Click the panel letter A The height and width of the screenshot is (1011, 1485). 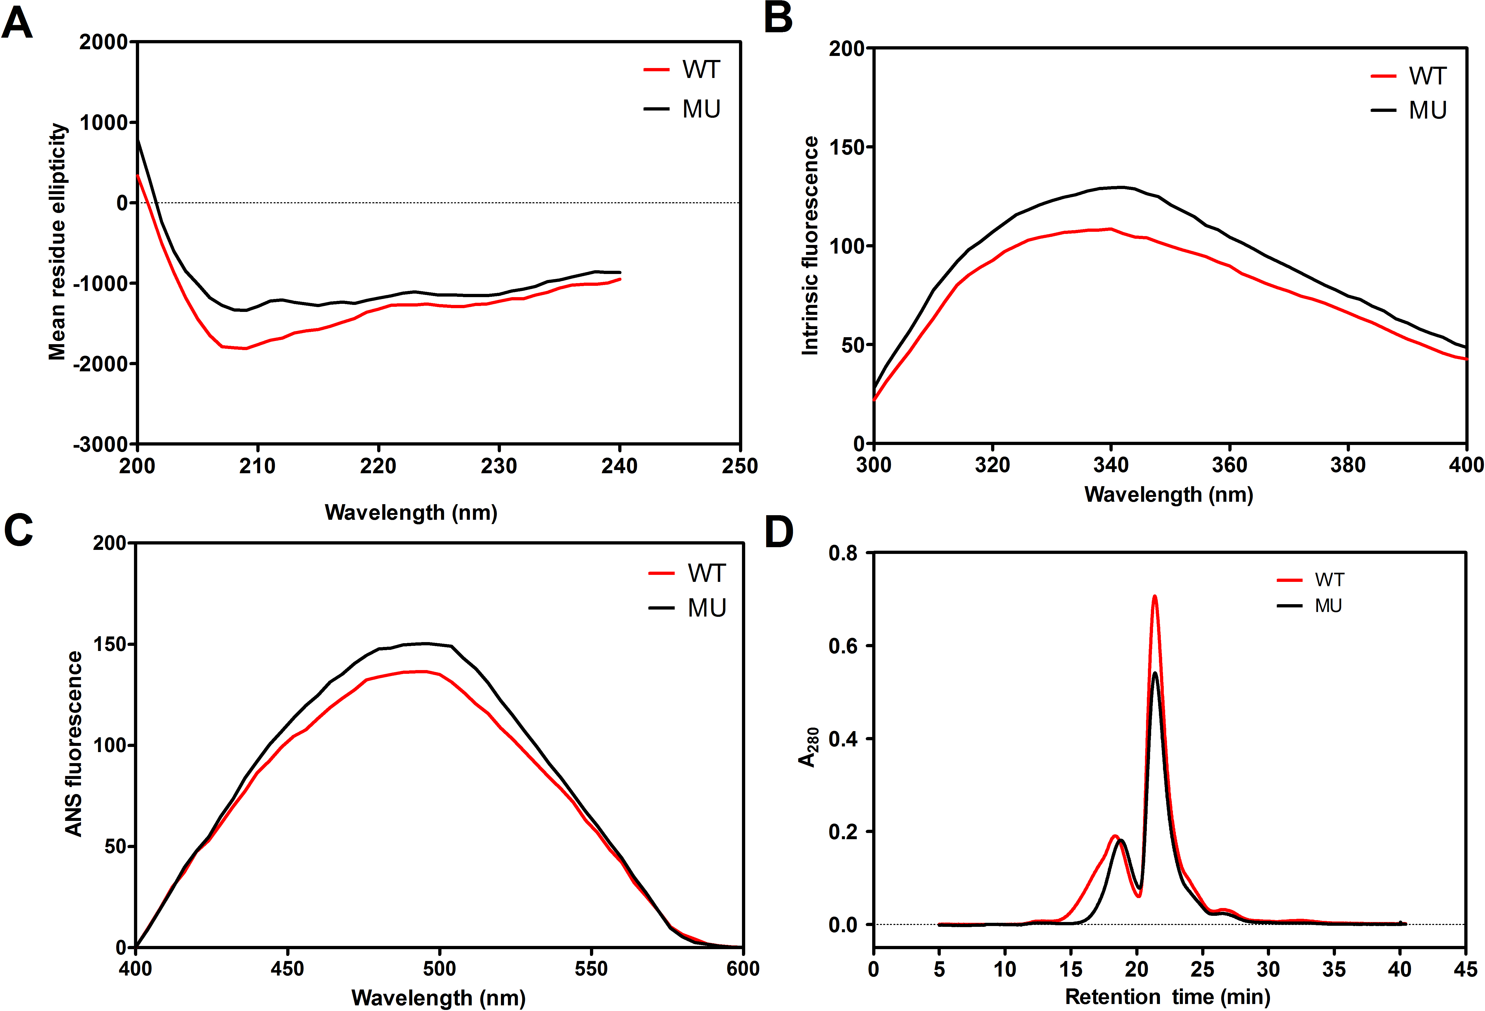pos(17,24)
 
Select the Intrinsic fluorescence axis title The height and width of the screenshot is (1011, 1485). pos(810,245)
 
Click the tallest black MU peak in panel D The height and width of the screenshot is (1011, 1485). pos(1155,673)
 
